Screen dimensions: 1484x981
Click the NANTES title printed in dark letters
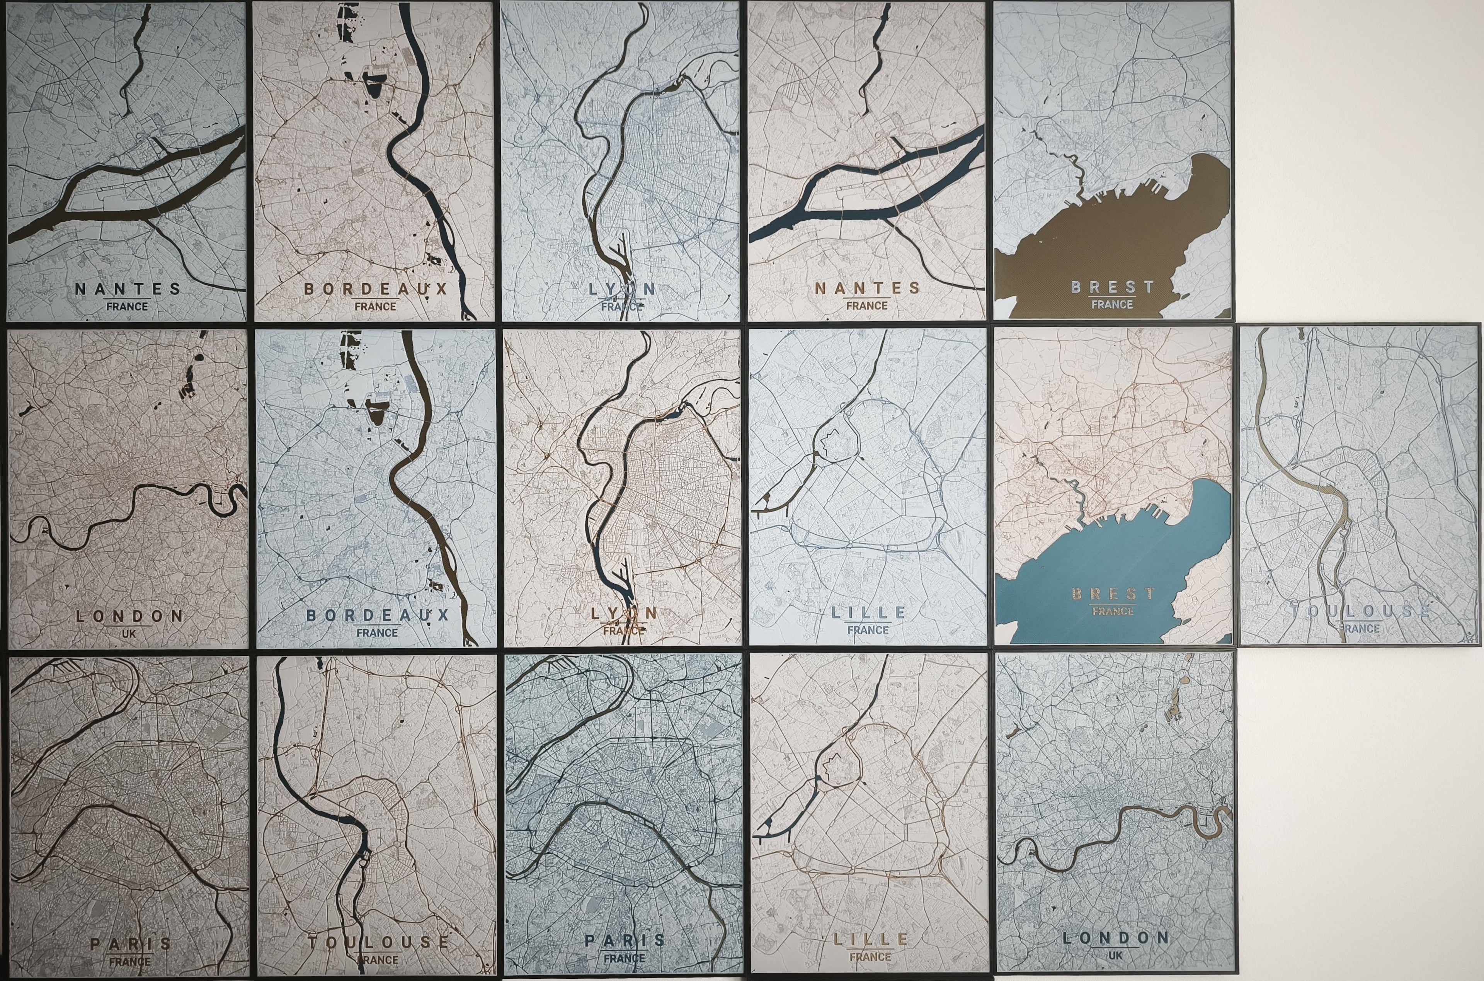pos(128,289)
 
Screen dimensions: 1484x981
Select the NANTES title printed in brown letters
pos(867,288)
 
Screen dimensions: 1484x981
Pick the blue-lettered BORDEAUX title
pos(377,615)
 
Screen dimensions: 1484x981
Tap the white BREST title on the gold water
pos(1112,287)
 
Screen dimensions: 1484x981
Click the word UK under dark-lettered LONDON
pos(129,634)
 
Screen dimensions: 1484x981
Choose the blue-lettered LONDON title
pos(1115,938)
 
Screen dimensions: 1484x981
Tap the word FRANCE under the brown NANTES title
pos(867,305)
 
